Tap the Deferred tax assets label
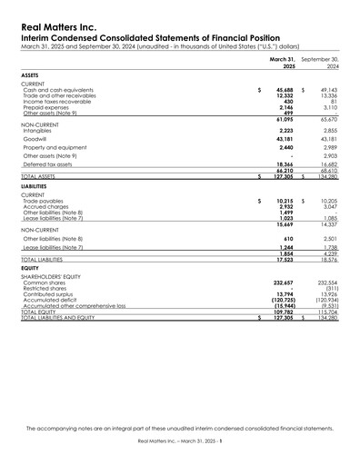[x=48, y=163]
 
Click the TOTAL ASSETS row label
[x=42, y=176]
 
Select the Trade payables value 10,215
[x=285, y=201]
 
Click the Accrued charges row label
[x=45, y=207]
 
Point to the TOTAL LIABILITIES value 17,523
[x=285, y=260]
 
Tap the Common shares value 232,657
[x=283, y=283]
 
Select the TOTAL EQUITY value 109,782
[x=283, y=312]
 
